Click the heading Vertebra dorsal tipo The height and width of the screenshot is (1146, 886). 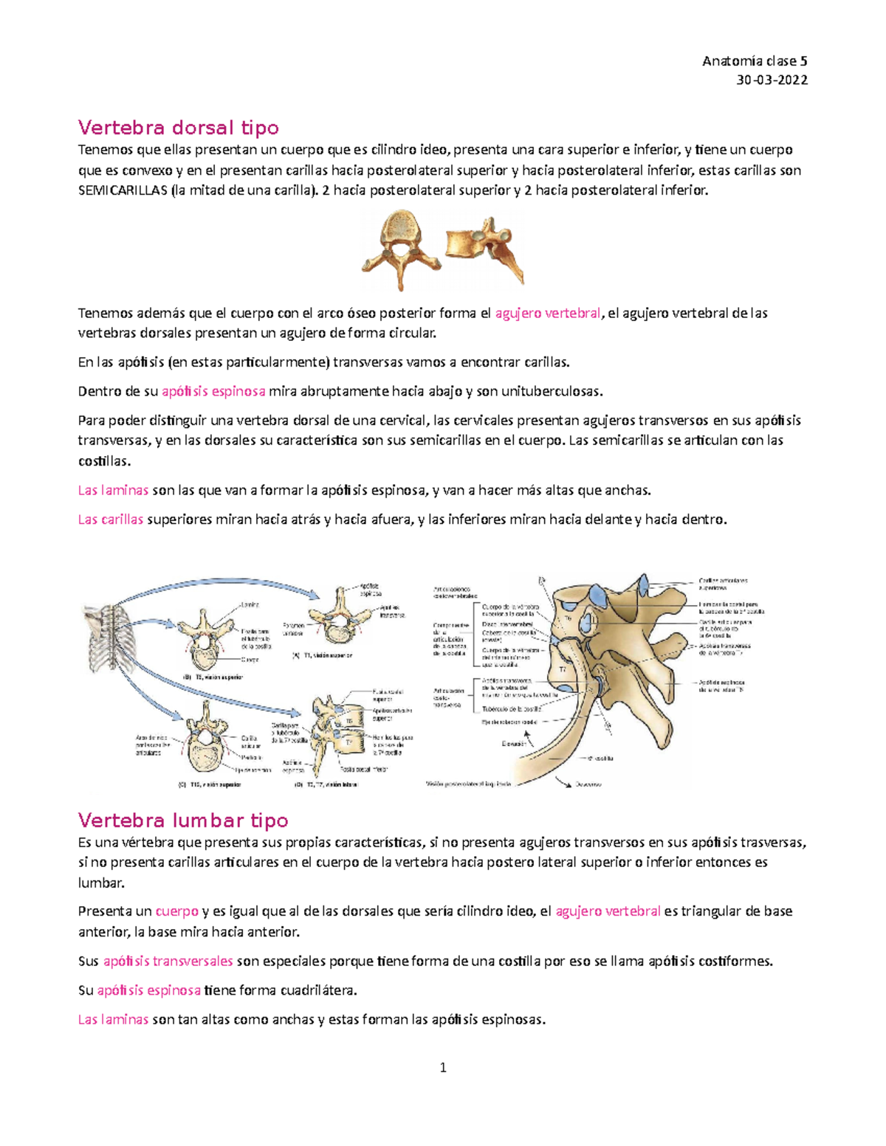tap(179, 128)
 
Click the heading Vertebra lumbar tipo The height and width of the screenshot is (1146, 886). tap(183, 820)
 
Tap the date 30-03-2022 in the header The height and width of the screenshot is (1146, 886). tap(772, 80)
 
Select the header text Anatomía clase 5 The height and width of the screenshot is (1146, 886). tap(755, 61)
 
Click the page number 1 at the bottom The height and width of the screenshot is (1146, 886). tap(443, 1067)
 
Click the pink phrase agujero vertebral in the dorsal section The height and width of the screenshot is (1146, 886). tap(547, 313)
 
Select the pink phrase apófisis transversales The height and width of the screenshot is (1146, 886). tap(168, 961)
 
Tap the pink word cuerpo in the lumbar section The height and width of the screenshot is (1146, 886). tap(176, 911)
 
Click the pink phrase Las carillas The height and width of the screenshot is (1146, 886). tap(111, 519)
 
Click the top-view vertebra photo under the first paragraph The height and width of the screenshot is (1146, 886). tap(399, 249)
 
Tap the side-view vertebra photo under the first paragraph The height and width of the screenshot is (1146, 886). tap(486, 247)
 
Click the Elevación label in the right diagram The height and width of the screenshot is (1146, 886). tap(512, 744)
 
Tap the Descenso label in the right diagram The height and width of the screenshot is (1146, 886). tap(588, 784)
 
